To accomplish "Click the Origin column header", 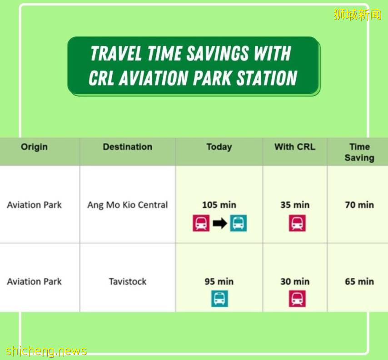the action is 34,147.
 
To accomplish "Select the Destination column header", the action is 127,147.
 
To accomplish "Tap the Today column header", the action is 219,147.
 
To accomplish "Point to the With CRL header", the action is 295,147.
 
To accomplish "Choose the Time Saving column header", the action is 359,152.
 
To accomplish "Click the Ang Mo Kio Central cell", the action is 127,205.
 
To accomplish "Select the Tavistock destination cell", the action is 127,281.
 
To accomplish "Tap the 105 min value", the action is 219,205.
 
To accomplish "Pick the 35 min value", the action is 295,205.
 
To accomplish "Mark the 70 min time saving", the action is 359,205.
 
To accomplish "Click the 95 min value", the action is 219,281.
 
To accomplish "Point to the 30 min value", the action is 295,281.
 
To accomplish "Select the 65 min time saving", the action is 359,281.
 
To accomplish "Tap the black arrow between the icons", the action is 220,223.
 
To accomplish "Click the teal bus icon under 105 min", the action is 238,223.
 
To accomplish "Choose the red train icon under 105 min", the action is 201,223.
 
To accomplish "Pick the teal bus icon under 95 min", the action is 219,299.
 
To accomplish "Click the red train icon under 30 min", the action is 297,299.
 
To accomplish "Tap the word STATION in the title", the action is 267,78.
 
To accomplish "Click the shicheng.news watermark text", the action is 46,351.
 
